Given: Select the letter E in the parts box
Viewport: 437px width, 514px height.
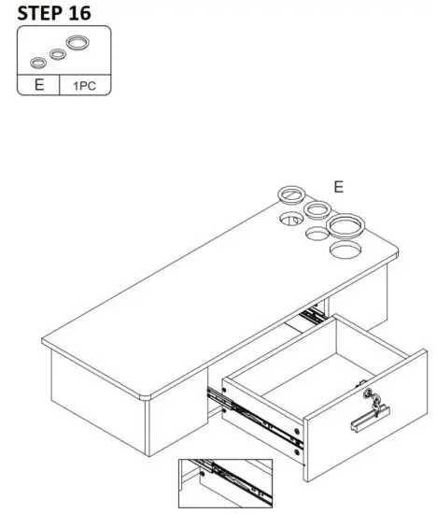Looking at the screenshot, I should tap(37, 86).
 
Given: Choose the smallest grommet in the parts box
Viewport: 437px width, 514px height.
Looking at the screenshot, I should tap(38, 63).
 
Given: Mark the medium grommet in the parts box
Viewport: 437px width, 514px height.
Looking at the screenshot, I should tap(58, 53).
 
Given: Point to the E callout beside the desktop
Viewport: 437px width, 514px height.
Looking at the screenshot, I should tap(339, 187).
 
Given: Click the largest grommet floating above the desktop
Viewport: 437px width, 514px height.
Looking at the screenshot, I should tap(345, 224).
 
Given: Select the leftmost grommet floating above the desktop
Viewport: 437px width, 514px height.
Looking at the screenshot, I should tap(289, 195).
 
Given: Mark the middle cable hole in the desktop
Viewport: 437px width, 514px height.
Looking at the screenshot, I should tap(317, 235).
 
